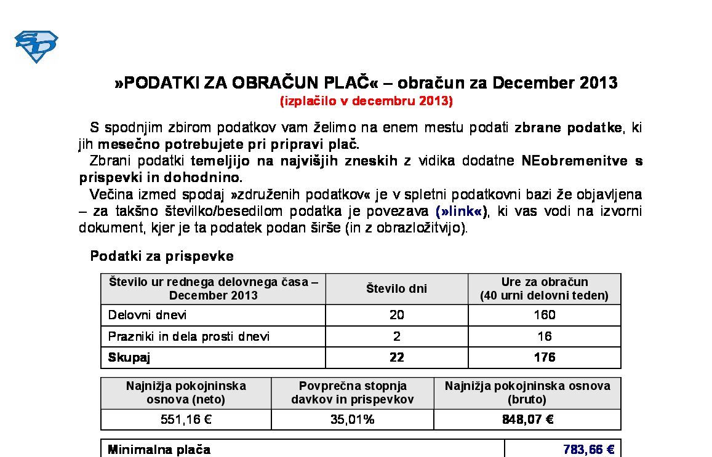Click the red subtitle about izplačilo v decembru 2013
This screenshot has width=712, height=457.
(x=366, y=101)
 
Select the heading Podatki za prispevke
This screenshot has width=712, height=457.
(x=162, y=256)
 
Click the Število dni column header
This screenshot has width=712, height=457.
(x=396, y=288)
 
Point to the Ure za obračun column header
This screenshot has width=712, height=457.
(x=544, y=288)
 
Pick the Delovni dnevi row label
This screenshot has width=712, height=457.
(x=147, y=315)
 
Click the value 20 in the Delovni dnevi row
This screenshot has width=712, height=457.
(x=396, y=315)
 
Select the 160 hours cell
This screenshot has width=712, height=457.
(x=544, y=315)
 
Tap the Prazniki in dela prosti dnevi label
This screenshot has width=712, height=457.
(x=188, y=336)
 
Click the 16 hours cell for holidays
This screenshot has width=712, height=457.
(x=544, y=336)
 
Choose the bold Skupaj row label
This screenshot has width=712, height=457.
(x=129, y=357)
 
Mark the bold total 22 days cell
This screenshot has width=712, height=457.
(x=396, y=357)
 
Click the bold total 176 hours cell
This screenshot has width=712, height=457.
(x=544, y=357)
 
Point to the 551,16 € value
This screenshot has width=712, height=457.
(x=186, y=419)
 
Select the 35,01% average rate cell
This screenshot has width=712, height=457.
(x=352, y=419)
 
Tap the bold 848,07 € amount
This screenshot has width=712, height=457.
(x=527, y=419)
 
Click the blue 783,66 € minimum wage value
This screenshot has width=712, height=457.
(x=588, y=450)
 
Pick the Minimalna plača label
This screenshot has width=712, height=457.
(x=159, y=450)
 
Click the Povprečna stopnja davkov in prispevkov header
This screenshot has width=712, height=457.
(x=352, y=392)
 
